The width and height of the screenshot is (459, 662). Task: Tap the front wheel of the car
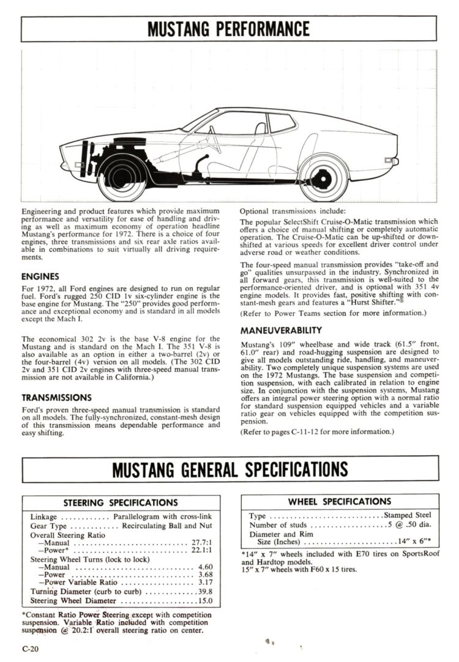point(122,177)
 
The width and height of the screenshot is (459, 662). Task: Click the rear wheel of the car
point(323,177)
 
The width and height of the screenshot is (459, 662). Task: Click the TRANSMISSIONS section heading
point(56,397)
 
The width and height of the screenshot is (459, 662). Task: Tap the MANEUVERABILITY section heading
point(278,330)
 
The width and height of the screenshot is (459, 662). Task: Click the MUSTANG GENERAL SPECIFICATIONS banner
point(229,469)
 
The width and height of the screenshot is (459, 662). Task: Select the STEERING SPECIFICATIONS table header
point(121,502)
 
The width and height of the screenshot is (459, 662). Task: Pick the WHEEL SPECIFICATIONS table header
point(340,501)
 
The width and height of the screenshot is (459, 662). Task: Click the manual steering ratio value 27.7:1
point(201,543)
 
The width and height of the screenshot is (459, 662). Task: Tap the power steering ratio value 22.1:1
point(201,551)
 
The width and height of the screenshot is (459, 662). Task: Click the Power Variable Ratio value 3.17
point(205,583)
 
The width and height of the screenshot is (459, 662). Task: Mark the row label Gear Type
point(48,526)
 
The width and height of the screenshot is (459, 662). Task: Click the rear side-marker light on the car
point(388,160)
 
